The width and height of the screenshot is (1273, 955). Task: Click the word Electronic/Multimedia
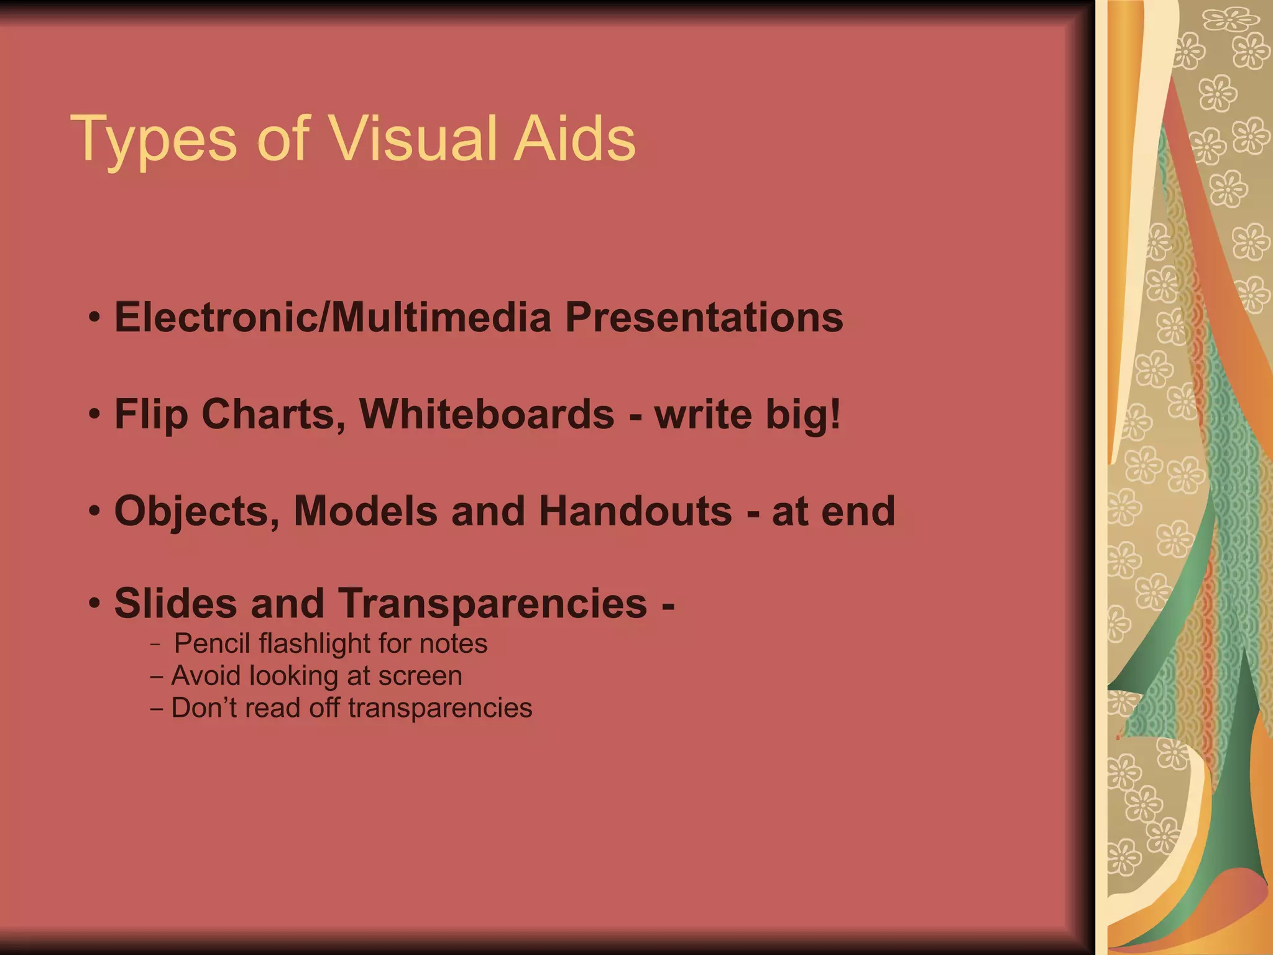click(x=333, y=317)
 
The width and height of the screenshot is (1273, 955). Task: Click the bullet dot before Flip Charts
click(x=94, y=414)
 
